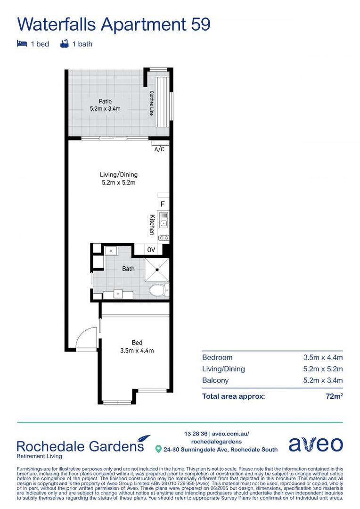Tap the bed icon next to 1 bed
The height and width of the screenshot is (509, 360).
[x=22, y=44]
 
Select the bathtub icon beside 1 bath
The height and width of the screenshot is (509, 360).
[x=65, y=44]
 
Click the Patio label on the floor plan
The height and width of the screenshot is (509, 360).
[x=105, y=101]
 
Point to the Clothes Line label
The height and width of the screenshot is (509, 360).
[x=152, y=103]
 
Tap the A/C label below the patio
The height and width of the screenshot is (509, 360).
[x=160, y=149]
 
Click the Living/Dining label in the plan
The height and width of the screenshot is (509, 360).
[x=118, y=174]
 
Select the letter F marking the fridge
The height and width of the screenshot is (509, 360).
[x=163, y=205]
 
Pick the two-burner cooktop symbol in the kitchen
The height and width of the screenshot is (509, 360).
[x=164, y=238]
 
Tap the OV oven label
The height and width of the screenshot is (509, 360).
[x=151, y=250]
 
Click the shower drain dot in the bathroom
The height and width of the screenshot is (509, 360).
[x=156, y=270]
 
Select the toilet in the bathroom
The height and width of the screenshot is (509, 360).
[x=158, y=290]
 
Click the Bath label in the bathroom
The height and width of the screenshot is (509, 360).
[x=128, y=269]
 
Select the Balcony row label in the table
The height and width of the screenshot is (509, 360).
[x=215, y=380]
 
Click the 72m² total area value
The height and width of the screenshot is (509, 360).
[x=334, y=396]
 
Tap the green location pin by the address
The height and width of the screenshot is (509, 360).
[x=159, y=449]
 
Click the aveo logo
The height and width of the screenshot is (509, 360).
[x=315, y=444]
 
